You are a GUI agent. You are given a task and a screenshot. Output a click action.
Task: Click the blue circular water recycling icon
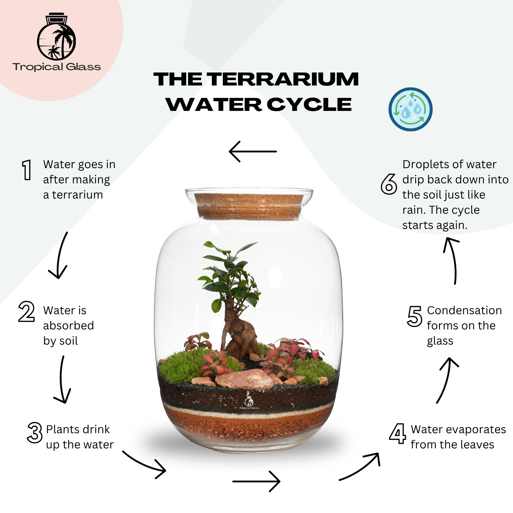[410, 109]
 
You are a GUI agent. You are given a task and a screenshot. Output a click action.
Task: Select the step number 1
[27, 170]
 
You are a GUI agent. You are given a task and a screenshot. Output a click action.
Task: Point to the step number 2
[26, 311]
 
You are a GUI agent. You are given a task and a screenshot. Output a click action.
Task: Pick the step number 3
[35, 432]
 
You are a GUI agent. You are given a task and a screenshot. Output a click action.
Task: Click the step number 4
[398, 434]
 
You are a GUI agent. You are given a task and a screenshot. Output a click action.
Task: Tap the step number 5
[414, 316]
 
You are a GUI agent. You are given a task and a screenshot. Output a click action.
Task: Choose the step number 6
[389, 184]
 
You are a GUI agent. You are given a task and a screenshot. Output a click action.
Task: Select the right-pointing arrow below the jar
[256, 481]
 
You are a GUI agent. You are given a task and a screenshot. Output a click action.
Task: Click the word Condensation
[464, 310]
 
